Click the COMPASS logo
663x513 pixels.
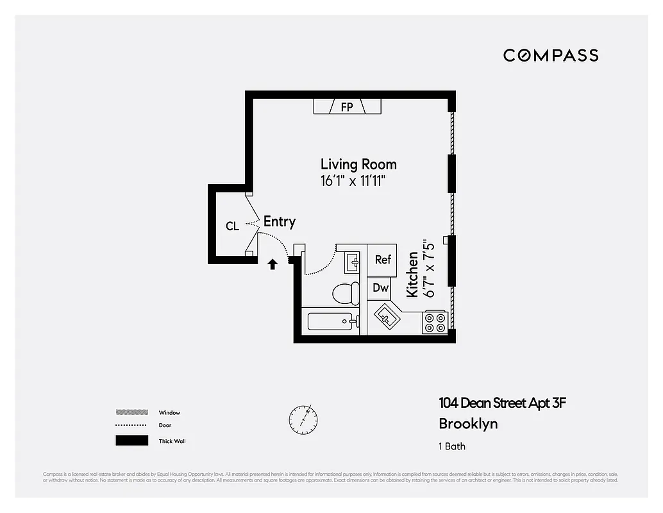(551, 55)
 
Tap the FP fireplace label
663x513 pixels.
(347, 107)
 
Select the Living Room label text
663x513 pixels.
(358, 164)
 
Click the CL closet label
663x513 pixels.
(232, 226)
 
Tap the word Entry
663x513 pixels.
(280, 222)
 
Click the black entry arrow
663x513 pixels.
(273, 264)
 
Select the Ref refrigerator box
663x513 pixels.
(383, 260)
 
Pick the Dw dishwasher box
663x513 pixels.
(381, 288)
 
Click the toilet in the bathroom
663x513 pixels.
(346, 294)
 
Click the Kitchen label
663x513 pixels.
(413, 274)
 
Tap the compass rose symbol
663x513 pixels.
(303, 418)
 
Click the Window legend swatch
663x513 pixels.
(131, 412)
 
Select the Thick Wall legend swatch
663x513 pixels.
(131, 441)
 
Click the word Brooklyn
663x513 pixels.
(468, 424)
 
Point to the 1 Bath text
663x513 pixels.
(452, 446)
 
